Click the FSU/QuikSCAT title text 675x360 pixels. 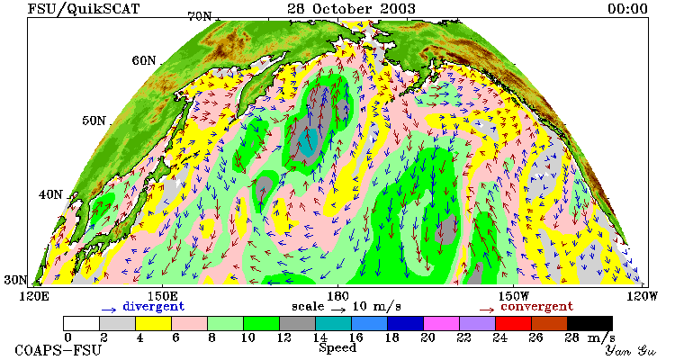coord(84,9)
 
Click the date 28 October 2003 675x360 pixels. coord(351,8)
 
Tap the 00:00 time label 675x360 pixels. coord(627,9)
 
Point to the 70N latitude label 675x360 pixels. coord(200,16)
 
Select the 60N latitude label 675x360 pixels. coord(144,60)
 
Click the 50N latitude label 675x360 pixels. coord(94,121)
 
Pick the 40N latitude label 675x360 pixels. coord(50,194)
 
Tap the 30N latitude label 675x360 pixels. coord(15,280)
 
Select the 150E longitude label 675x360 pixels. coord(162,296)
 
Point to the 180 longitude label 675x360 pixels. coord(337,296)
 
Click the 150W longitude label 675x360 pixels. coord(513,296)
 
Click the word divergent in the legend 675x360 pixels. coord(153,307)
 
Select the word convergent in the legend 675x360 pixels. coord(536,307)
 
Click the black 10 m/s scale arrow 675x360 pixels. coord(338,309)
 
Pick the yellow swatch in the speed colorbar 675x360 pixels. coord(153,323)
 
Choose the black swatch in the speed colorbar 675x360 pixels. coord(589,323)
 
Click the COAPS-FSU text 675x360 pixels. coord(58,350)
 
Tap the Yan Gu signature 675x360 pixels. coord(630,350)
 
